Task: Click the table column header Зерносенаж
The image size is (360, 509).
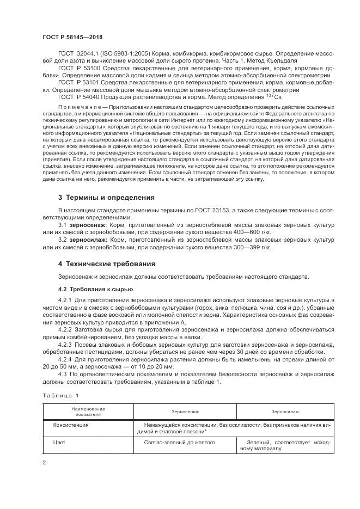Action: [x=186, y=412]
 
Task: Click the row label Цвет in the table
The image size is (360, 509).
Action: [x=59, y=443]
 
